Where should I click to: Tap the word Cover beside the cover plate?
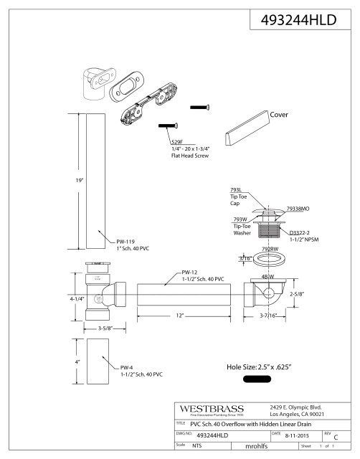[279, 114]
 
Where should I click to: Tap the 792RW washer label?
[270, 248]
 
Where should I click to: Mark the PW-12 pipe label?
[189, 272]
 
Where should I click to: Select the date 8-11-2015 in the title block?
[294, 435]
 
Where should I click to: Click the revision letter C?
[336, 436]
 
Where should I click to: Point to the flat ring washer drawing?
[270, 260]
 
